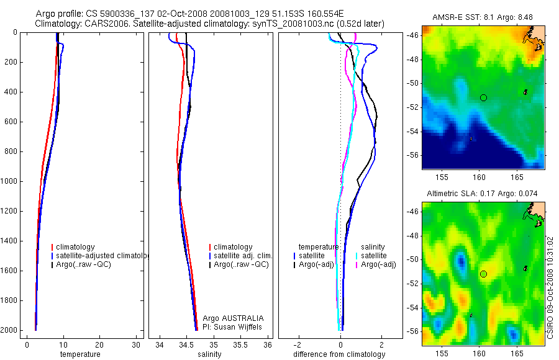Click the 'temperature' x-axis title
pyautogui.click(x=80, y=354)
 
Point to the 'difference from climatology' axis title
pyautogui.click(x=339, y=354)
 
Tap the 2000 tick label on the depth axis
pyautogui.click(x=9, y=330)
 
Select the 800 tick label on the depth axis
pyautogui.click(x=11, y=151)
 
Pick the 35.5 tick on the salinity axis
pyautogui.click(x=241, y=344)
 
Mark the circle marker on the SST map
pyautogui.click(x=483, y=97)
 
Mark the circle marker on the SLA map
pyautogui.click(x=483, y=274)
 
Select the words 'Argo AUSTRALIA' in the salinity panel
pyautogui.click(x=233, y=318)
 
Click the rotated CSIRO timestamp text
pyautogui.click(x=551, y=286)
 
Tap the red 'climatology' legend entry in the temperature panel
pyautogui.click(x=73, y=247)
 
